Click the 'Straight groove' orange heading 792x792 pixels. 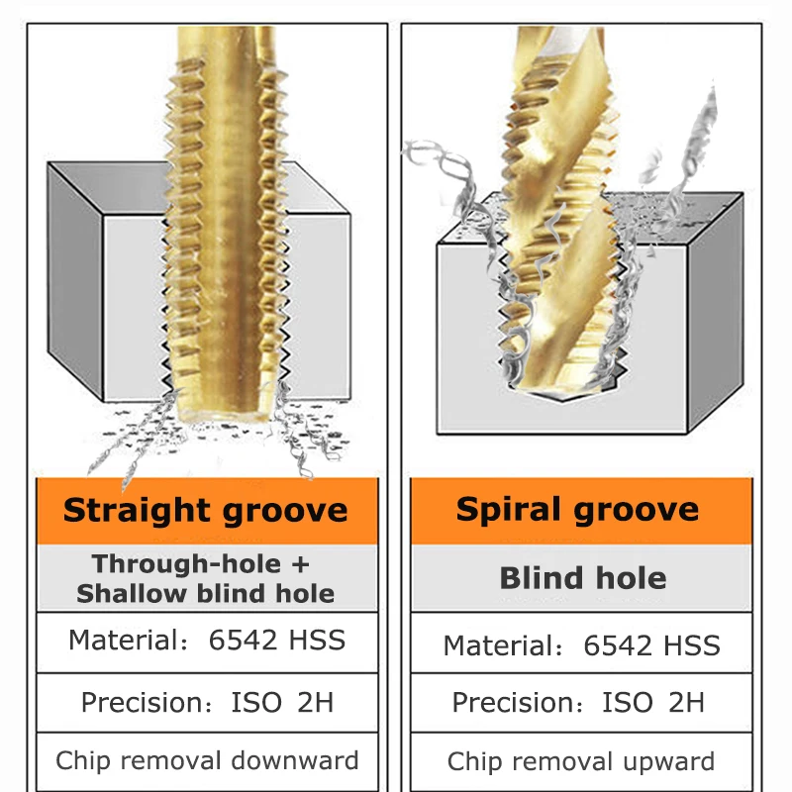(x=206, y=511)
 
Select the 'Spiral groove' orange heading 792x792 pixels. (x=578, y=510)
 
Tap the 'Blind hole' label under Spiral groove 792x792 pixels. (x=582, y=578)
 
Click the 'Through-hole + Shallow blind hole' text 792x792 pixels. (x=205, y=579)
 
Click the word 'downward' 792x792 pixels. (x=295, y=761)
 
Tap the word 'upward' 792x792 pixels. (x=663, y=761)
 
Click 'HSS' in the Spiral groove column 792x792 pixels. (x=693, y=645)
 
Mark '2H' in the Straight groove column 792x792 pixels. (x=315, y=703)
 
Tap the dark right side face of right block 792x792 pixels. (x=717, y=307)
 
